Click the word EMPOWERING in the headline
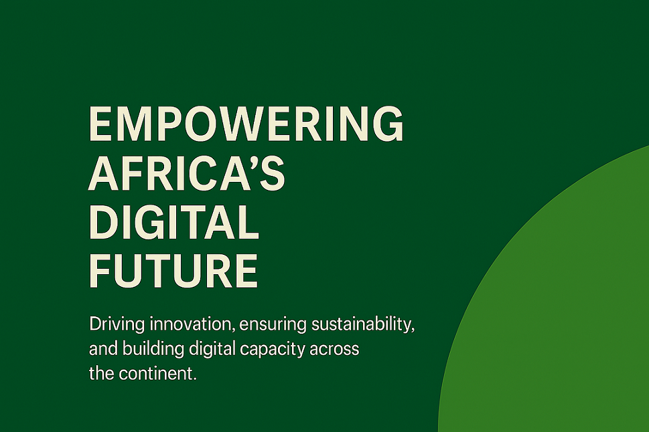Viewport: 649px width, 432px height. (246, 124)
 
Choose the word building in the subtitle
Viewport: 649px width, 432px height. (153, 349)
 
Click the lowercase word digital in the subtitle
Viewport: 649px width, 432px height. (212, 349)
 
